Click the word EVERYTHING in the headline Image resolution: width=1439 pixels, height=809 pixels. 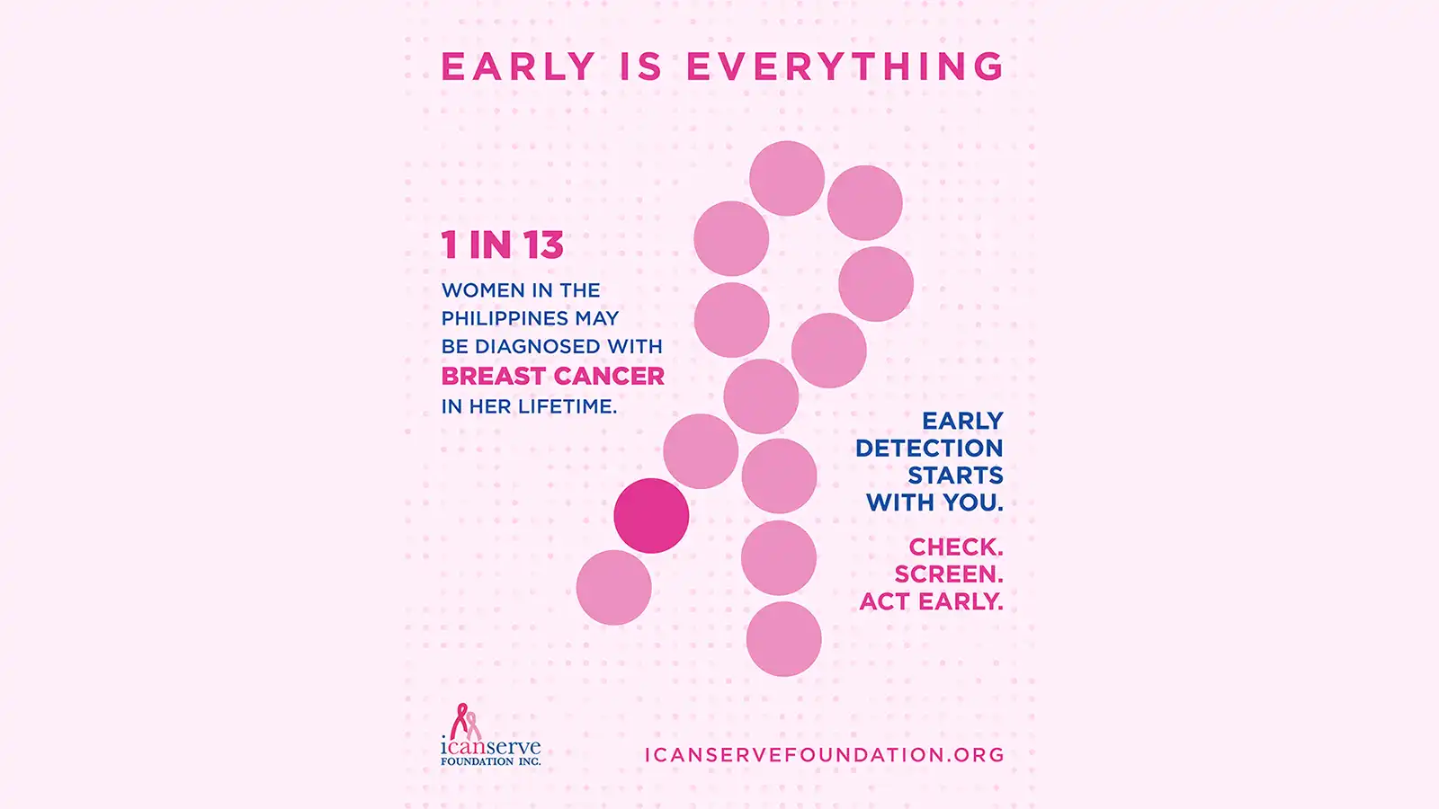coord(845,67)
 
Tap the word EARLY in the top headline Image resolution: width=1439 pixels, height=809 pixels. coord(518,67)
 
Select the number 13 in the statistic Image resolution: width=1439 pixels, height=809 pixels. coord(543,244)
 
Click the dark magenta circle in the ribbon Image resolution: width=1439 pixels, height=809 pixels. coord(651,516)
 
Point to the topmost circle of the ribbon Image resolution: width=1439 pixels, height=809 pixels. coord(787,179)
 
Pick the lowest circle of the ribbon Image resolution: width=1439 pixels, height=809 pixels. coord(783,639)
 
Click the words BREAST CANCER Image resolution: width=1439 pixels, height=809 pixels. coord(552,377)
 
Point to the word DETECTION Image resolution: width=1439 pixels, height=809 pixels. coord(929,449)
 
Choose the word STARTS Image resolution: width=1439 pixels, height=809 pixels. coord(955,476)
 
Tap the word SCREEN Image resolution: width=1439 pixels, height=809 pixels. coord(949,574)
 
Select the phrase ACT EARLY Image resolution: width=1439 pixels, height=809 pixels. coord(932,601)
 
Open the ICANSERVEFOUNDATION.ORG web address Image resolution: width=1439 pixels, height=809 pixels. coord(824,755)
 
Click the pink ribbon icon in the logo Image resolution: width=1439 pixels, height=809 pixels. coord(465,721)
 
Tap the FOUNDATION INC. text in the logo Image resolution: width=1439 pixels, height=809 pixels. coord(491,761)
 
